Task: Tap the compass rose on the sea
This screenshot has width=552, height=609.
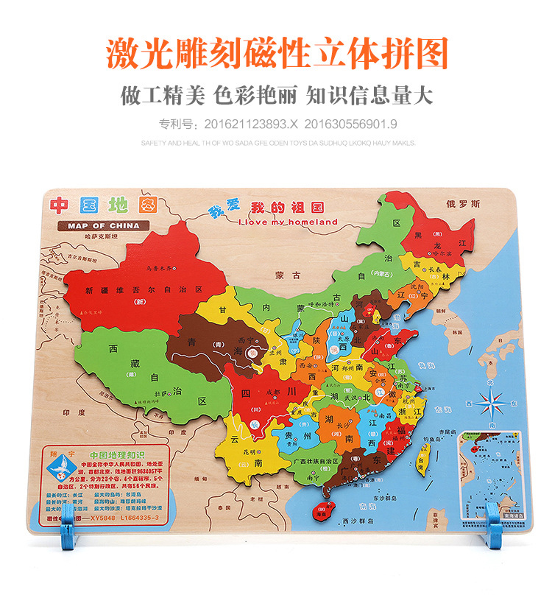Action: point(490,403)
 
